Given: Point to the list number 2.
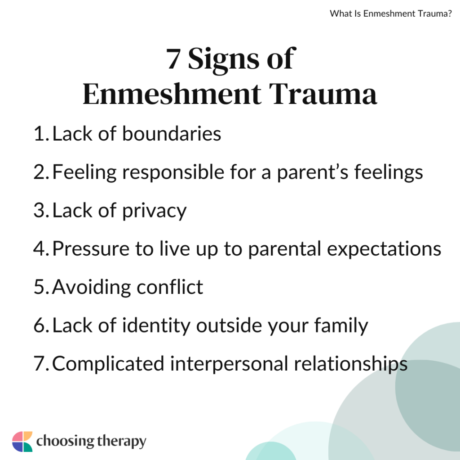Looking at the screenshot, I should click(x=40, y=172).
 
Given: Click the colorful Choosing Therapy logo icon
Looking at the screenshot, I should click(x=22, y=442).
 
